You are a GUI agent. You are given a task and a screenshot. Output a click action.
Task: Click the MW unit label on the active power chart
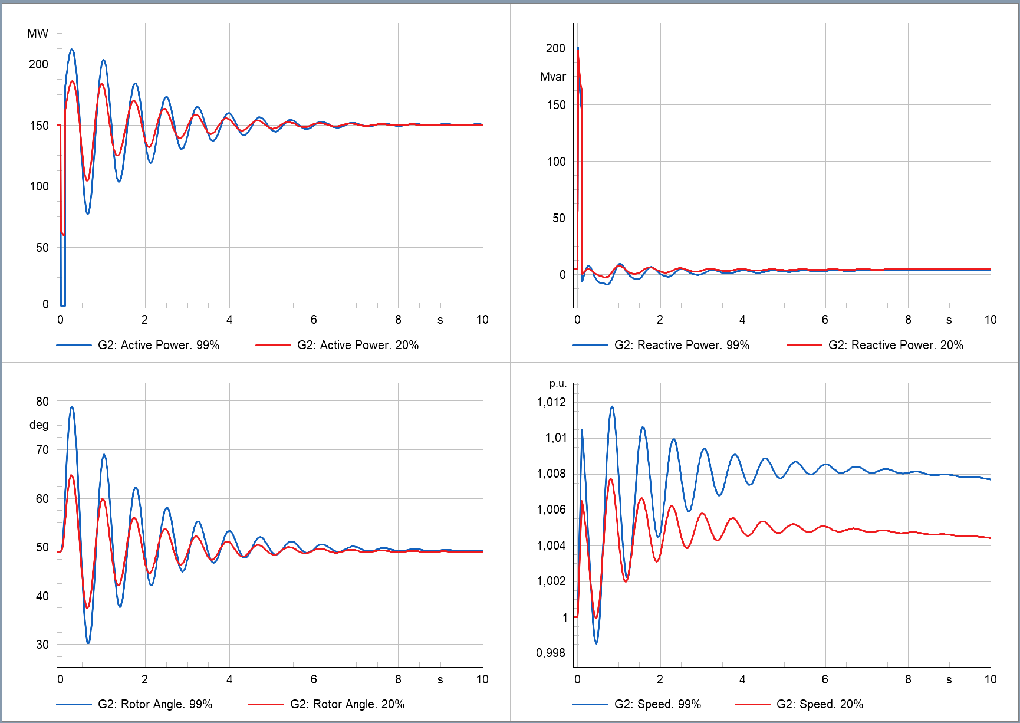click(x=38, y=34)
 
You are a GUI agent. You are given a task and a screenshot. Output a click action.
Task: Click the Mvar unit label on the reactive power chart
click(x=552, y=77)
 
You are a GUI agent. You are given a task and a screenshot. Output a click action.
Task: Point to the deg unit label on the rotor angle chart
click(x=39, y=425)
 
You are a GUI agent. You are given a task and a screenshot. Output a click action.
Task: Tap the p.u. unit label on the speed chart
click(x=558, y=383)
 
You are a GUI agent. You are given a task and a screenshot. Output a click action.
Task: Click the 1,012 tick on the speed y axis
click(x=551, y=402)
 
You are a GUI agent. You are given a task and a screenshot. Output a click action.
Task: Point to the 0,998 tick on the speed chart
click(x=551, y=653)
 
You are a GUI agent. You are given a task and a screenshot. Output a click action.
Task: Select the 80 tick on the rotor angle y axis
click(x=42, y=402)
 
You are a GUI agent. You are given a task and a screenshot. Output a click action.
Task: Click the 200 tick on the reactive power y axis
click(x=555, y=48)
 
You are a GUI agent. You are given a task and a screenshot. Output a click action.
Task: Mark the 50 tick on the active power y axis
click(x=42, y=248)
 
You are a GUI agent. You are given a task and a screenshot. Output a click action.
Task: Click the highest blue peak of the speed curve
click(x=612, y=407)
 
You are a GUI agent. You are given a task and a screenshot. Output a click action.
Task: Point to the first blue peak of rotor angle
click(x=72, y=406)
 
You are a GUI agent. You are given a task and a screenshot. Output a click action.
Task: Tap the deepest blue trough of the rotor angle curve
click(x=88, y=642)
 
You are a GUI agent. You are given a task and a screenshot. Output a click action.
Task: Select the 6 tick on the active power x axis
click(x=314, y=320)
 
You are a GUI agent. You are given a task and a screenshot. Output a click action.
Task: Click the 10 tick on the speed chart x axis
click(x=990, y=679)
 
